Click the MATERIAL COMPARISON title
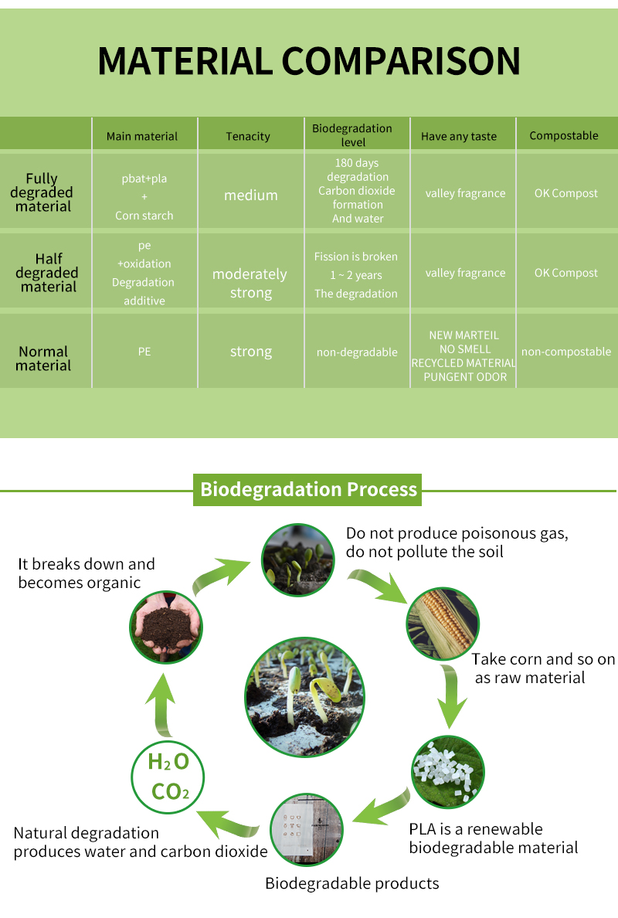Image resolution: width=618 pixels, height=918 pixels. click(x=309, y=61)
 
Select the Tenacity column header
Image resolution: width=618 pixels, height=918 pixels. click(x=248, y=136)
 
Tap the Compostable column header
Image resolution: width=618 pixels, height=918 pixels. click(x=564, y=135)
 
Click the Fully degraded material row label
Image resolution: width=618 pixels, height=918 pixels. click(x=43, y=192)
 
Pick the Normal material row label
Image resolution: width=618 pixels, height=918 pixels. click(x=43, y=359)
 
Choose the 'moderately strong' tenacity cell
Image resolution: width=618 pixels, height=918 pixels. click(x=250, y=284)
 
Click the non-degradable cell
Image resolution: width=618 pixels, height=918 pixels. click(x=357, y=352)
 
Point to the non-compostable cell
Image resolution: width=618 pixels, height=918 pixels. click(x=566, y=352)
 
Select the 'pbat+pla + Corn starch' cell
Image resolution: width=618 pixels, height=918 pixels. click(x=144, y=197)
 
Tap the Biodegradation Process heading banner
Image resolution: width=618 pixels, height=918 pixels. click(x=307, y=490)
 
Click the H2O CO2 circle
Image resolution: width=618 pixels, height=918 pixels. click(x=169, y=776)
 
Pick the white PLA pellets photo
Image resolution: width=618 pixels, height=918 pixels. click(x=447, y=772)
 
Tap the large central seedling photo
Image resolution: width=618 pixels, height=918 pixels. click(x=303, y=697)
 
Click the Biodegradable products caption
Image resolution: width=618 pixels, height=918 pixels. click(x=352, y=883)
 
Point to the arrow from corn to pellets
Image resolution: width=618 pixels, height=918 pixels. click(x=451, y=700)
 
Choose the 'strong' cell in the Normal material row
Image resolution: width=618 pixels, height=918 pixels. click(x=251, y=352)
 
